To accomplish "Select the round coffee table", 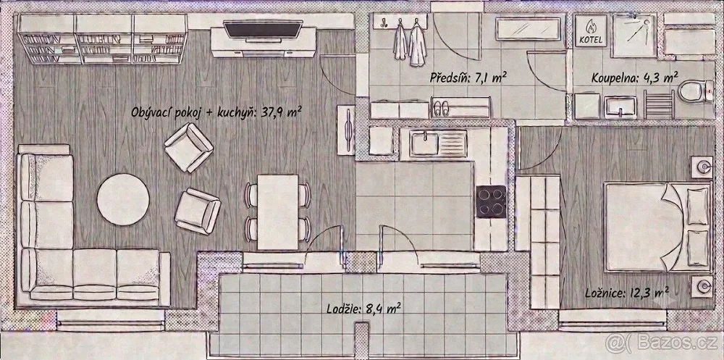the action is pyautogui.click(x=123, y=199).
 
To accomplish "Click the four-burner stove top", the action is pyautogui.click(x=491, y=201).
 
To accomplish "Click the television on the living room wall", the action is pyautogui.click(x=263, y=29).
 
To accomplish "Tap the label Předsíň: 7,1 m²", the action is pyautogui.click(x=466, y=78).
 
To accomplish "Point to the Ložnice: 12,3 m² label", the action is pyautogui.click(x=626, y=292).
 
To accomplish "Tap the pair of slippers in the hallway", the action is pyautogui.click(x=440, y=109).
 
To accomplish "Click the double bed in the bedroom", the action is pyautogui.click(x=657, y=227).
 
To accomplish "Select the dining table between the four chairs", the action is pyautogui.click(x=278, y=212).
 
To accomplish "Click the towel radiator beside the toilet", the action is pyautogui.click(x=659, y=104).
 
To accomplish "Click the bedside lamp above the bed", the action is pyautogui.click(x=702, y=167).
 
